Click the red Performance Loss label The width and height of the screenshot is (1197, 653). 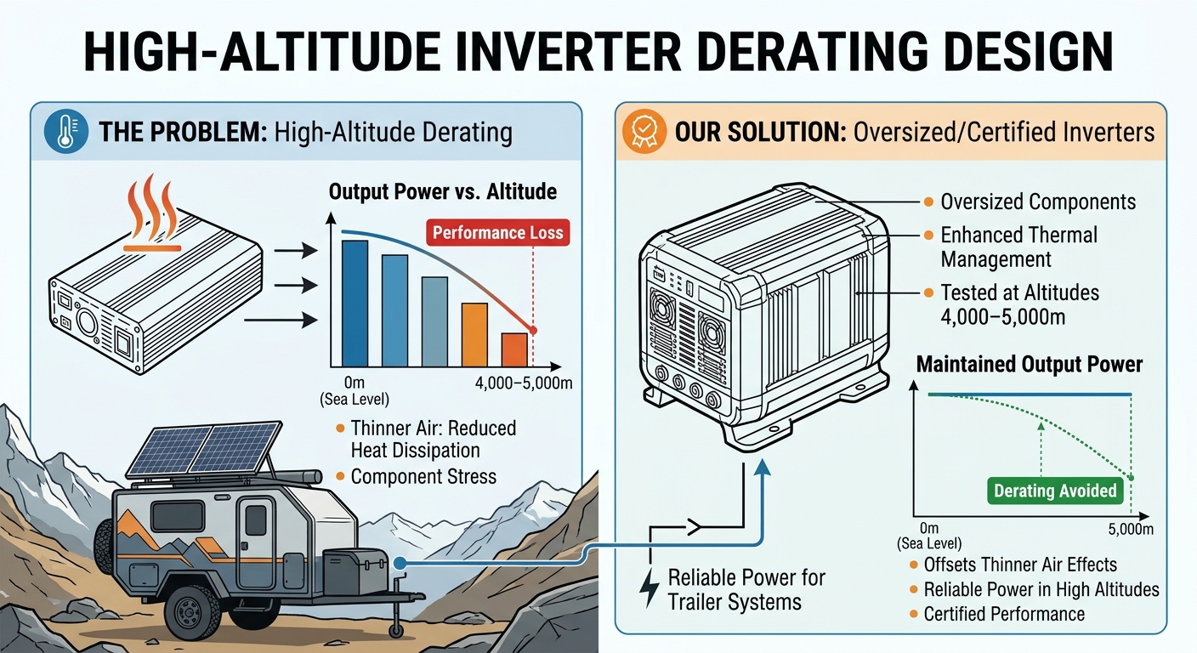[x=498, y=233]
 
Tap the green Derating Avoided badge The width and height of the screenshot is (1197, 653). [x=1055, y=491]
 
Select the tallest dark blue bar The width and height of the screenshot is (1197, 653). [x=355, y=304]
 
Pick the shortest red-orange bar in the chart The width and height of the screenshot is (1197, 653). [x=514, y=350]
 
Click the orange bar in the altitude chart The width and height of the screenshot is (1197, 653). [x=474, y=335]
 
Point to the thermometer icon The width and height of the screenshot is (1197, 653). [x=66, y=132]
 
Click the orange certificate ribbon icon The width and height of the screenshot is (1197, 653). [x=644, y=132]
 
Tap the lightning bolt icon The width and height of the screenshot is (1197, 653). [x=650, y=588]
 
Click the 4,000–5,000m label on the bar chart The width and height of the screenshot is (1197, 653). [x=524, y=383]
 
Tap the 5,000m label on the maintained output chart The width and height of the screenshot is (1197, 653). [x=1131, y=529]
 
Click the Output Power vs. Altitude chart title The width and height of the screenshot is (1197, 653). [x=442, y=192]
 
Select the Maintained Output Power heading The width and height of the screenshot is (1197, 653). [x=1030, y=365]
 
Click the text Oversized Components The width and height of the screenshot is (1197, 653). [x=1038, y=202]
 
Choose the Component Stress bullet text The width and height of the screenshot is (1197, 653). [x=423, y=476]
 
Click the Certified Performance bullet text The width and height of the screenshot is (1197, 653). [x=1004, y=614]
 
